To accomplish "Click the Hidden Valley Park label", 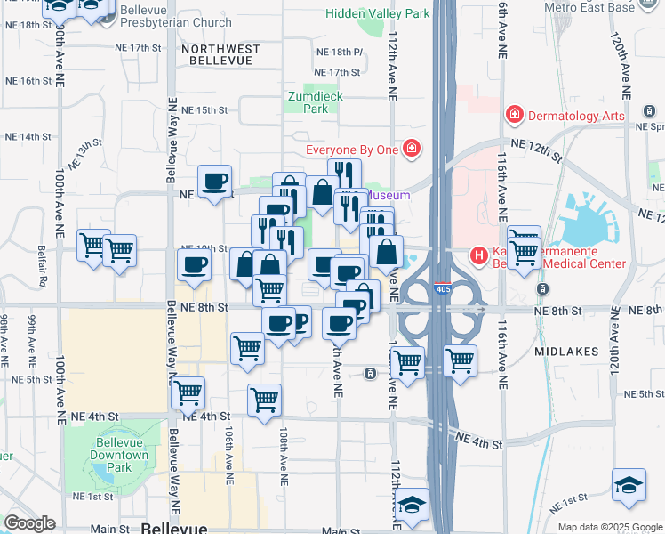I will [x=377, y=13].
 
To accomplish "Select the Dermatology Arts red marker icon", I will [x=514, y=115].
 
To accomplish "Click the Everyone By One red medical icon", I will [x=411, y=149].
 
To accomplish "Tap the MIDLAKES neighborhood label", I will [x=567, y=352].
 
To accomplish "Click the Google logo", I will [x=29, y=523].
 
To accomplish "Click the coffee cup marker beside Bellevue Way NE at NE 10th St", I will [x=195, y=263].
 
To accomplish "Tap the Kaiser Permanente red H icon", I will [x=480, y=256].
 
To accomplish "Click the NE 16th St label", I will [x=29, y=80].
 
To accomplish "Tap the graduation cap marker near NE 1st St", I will [x=629, y=484].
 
